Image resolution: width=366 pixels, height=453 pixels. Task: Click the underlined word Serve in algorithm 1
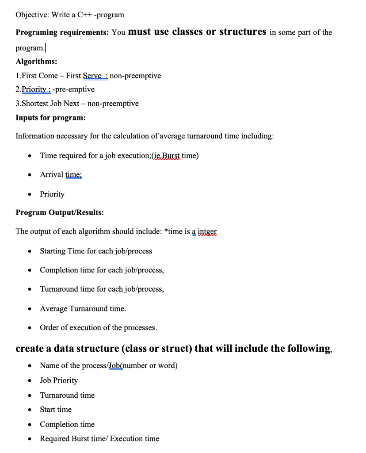click(93, 76)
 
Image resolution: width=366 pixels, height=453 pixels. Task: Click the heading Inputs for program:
click(50, 118)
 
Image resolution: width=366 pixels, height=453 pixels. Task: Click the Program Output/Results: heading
click(60, 212)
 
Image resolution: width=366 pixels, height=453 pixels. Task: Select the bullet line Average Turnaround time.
click(83, 308)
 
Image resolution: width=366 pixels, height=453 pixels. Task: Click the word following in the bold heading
click(301, 348)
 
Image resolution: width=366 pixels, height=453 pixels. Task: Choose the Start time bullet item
click(56, 410)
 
